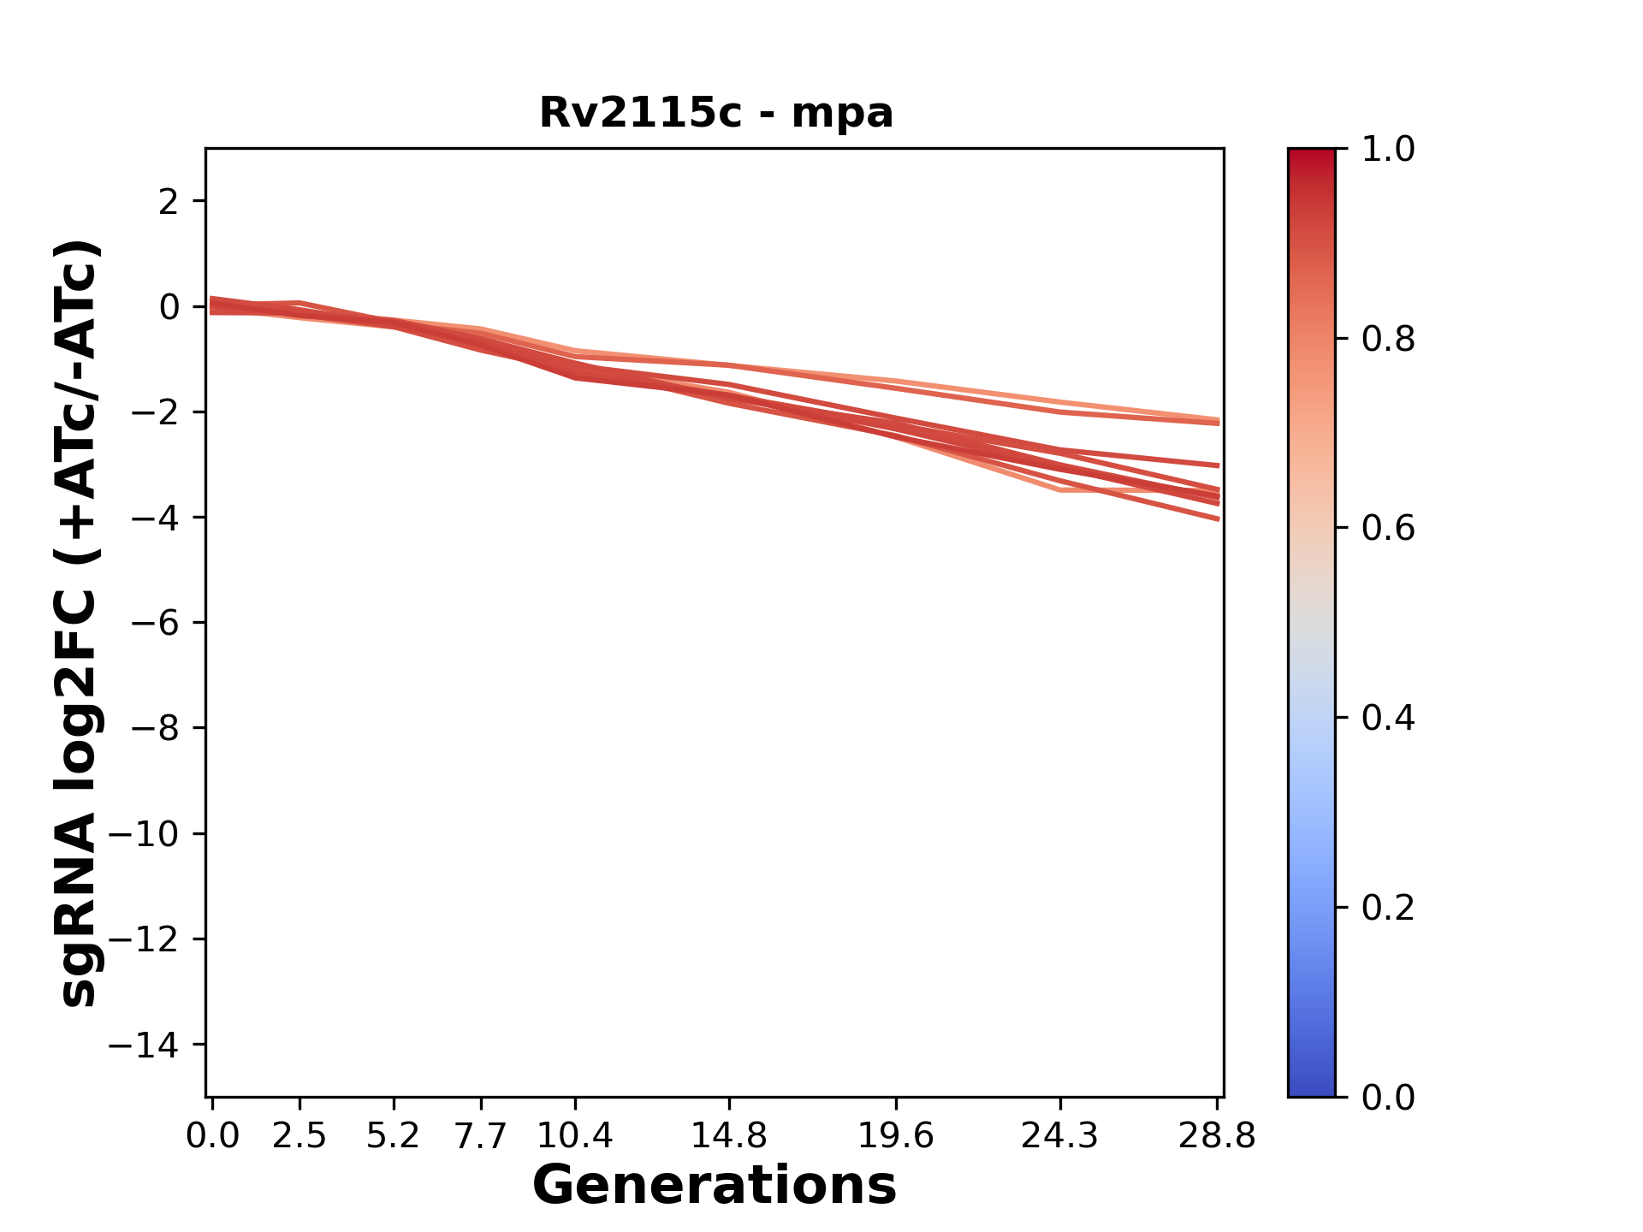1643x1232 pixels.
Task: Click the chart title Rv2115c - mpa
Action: [x=716, y=113]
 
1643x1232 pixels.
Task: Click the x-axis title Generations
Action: [x=715, y=1186]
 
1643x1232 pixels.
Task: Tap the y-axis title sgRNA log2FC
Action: [x=79, y=623]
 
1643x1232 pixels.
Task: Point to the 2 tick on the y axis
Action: [x=169, y=202]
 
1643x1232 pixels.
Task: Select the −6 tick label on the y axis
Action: [x=155, y=624]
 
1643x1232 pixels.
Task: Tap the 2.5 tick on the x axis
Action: [x=300, y=1136]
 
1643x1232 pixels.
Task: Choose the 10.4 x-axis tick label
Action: [x=575, y=1136]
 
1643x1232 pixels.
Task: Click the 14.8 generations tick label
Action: [x=729, y=1136]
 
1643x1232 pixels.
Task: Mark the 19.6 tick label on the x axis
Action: [x=896, y=1136]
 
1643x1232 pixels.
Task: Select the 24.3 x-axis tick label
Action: [x=1060, y=1136]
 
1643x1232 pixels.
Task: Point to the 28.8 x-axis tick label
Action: [x=1218, y=1136]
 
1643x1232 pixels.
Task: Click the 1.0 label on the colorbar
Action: [x=1388, y=150]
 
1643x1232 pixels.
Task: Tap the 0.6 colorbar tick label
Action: [x=1388, y=529]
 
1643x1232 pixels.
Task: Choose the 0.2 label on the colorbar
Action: [x=1388, y=908]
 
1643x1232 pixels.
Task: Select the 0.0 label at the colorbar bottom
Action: [x=1388, y=1098]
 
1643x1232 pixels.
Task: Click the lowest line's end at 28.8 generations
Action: [x=1218, y=518]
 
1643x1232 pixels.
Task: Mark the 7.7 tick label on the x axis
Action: [x=481, y=1136]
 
